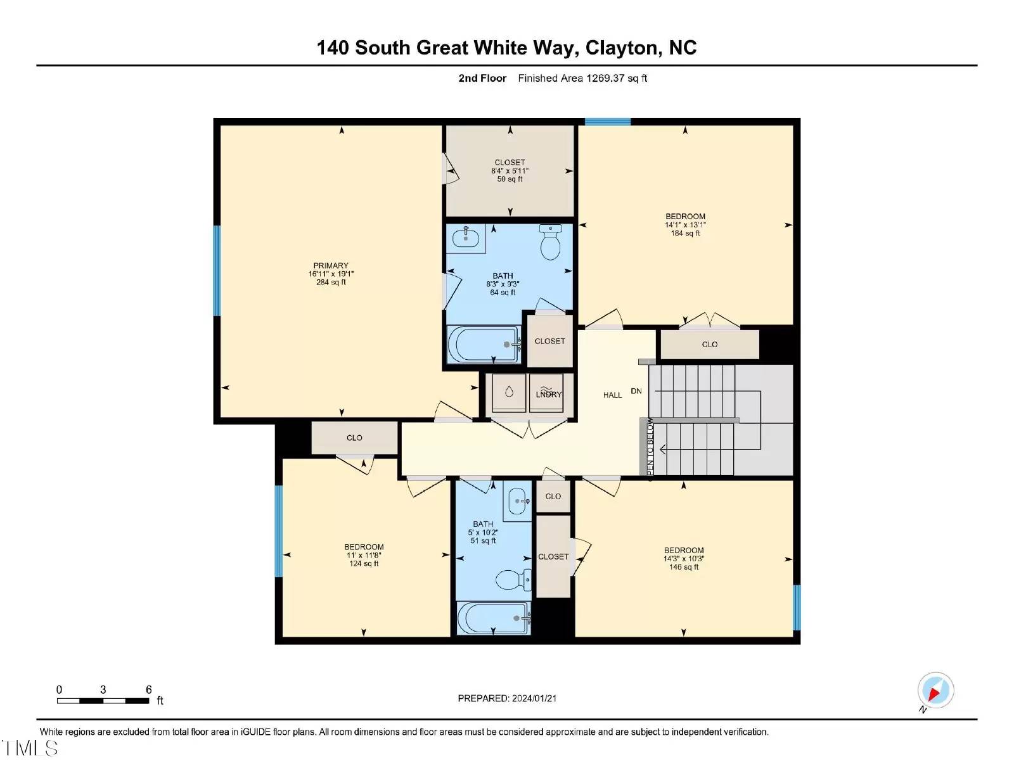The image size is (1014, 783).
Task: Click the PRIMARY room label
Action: click(331, 265)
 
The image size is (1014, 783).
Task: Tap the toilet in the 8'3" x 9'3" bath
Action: click(551, 242)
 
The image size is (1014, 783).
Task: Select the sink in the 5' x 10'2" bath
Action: click(518, 504)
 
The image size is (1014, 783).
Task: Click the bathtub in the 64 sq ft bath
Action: click(484, 344)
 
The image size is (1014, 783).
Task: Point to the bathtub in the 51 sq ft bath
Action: click(493, 618)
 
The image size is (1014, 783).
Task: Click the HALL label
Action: click(612, 395)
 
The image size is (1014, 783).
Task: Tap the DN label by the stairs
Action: click(636, 391)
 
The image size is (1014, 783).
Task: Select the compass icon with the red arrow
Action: click(935, 691)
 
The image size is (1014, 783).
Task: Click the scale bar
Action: click(103, 701)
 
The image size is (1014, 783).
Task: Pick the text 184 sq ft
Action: click(685, 233)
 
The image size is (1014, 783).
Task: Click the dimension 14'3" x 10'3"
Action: click(684, 559)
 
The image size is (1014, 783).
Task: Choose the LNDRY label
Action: click(549, 395)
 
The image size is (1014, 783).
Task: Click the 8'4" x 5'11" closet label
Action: click(510, 170)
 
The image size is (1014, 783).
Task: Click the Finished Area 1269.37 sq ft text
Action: click(582, 79)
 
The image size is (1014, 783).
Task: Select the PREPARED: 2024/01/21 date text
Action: click(507, 698)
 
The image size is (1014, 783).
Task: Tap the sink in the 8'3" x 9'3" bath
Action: click(466, 238)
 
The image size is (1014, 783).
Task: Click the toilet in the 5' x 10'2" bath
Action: click(513, 580)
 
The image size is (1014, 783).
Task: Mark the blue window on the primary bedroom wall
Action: click(217, 271)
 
